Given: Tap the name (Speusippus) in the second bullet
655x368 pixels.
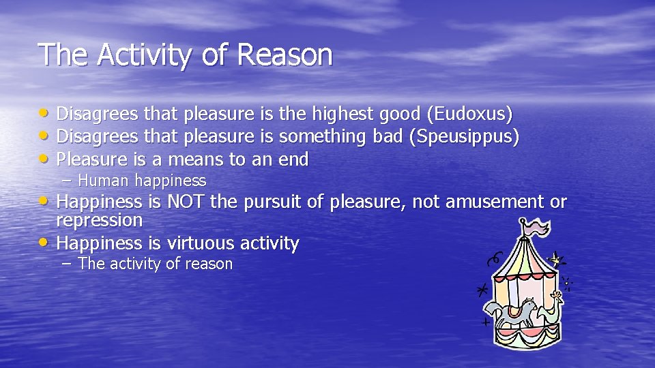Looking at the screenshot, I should pyautogui.click(x=465, y=136).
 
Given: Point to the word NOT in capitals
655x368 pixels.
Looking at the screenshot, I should pyautogui.click(x=186, y=202).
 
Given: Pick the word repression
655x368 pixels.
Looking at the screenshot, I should pyautogui.click(x=99, y=220).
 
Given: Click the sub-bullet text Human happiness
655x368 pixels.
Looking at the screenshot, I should pyautogui.click(x=142, y=181).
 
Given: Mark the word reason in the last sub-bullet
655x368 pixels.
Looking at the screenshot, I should pyautogui.click(x=209, y=264).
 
